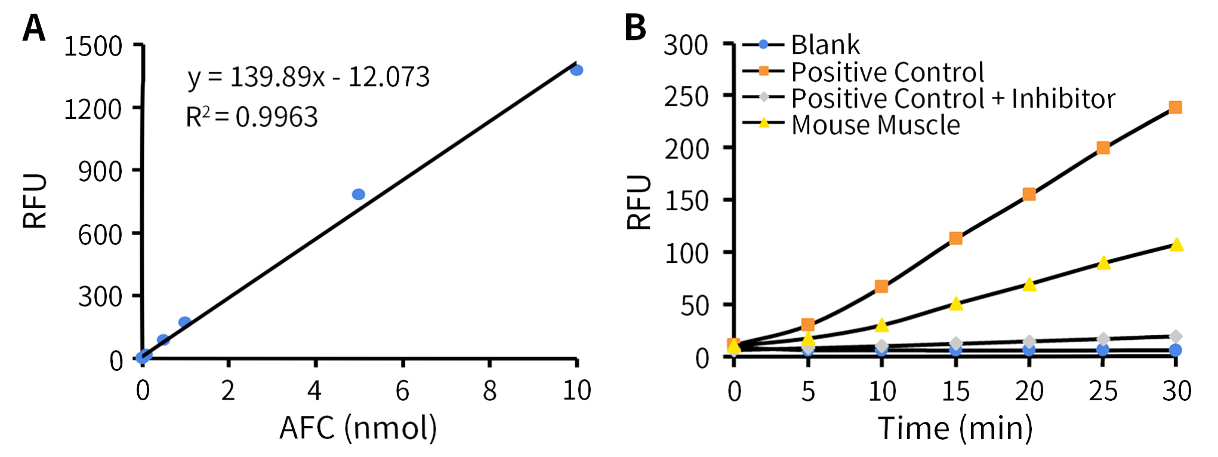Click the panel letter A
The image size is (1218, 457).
34,28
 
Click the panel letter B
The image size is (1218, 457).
635,28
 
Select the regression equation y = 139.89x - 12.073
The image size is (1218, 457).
309,77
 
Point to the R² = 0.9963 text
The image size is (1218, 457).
252,117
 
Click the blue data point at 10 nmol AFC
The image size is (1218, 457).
576,70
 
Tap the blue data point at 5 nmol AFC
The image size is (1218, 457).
359,194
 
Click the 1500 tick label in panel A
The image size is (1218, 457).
93,47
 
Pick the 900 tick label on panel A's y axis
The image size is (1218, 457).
100,172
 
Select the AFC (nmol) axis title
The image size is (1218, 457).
358,428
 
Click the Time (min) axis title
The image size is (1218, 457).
955,428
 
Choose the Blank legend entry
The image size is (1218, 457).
825,45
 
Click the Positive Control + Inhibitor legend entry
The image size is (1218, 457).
952,99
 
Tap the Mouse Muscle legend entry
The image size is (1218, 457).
875,125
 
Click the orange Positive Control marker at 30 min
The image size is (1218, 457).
1175,108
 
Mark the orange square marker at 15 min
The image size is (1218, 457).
955,238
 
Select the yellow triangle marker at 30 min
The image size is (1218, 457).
1176,244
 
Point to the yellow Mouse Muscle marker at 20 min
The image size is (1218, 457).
1029,284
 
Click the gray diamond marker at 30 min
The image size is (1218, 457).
1176,336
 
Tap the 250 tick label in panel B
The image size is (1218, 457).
686,97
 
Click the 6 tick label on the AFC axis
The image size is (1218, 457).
402,391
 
